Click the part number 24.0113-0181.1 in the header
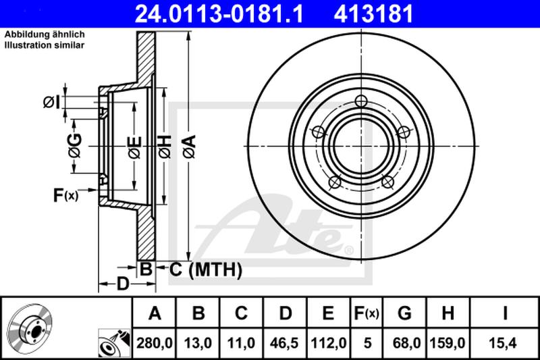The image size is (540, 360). pos(219,14)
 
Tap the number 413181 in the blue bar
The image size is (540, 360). pos(373,14)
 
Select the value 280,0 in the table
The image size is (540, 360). pos(155,343)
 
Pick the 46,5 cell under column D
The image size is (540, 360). pos(284,343)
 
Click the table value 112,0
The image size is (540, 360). pos(328,343)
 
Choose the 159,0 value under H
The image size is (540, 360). pos(448,343)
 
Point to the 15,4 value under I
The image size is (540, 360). pos(504,343)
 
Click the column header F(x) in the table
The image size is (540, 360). pos(367,313)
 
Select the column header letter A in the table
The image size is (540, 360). pos(155,313)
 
